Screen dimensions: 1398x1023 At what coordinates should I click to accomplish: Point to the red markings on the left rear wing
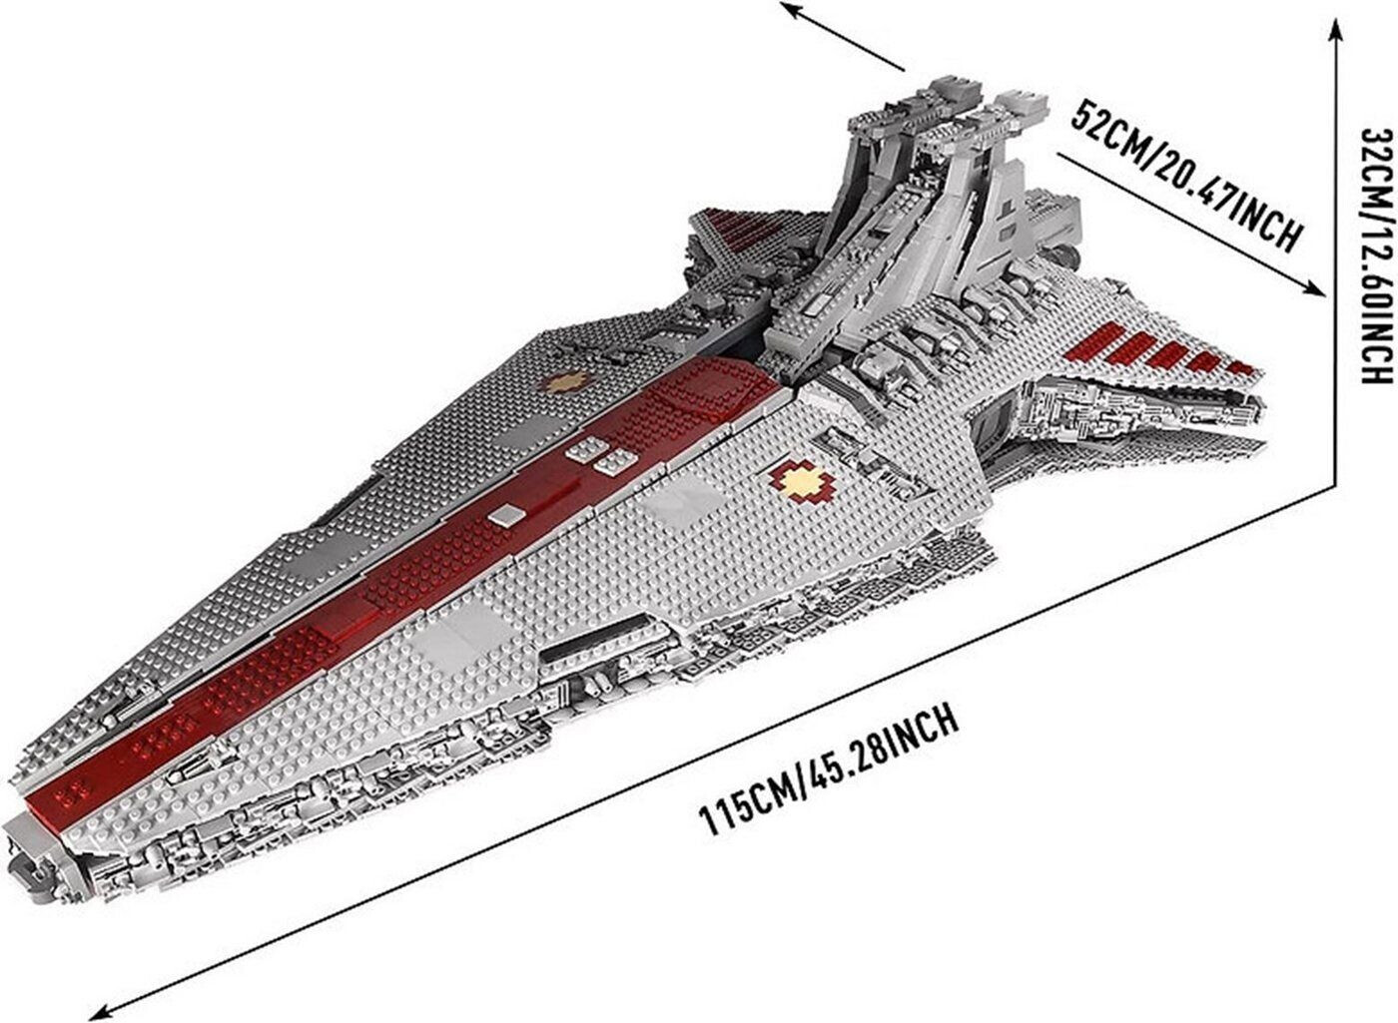pos(759,234)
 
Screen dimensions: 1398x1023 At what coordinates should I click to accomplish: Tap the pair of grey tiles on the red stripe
pos(600,458)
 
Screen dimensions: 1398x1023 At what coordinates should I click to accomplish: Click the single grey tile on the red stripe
pos(507,515)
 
